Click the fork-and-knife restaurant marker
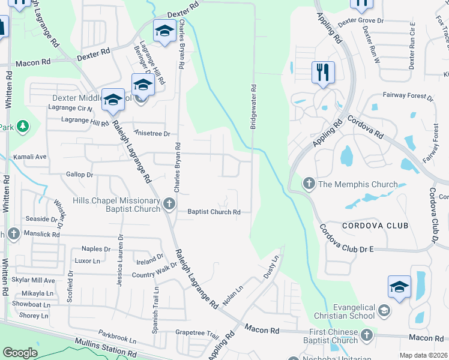pos(323,72)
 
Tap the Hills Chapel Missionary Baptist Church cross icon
pos(169,205)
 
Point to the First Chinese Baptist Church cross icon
pos(366,334)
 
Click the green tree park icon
pos(22,126)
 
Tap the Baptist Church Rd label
pos(214,212)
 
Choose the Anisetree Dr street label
pos(153,134)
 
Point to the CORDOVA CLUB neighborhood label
pos(375,226)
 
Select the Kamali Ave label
pos(30,157)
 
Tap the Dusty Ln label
pos(272,266)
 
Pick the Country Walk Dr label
pos(154,269)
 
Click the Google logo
pos(20,353)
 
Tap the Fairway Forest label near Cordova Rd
pos(408,97)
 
